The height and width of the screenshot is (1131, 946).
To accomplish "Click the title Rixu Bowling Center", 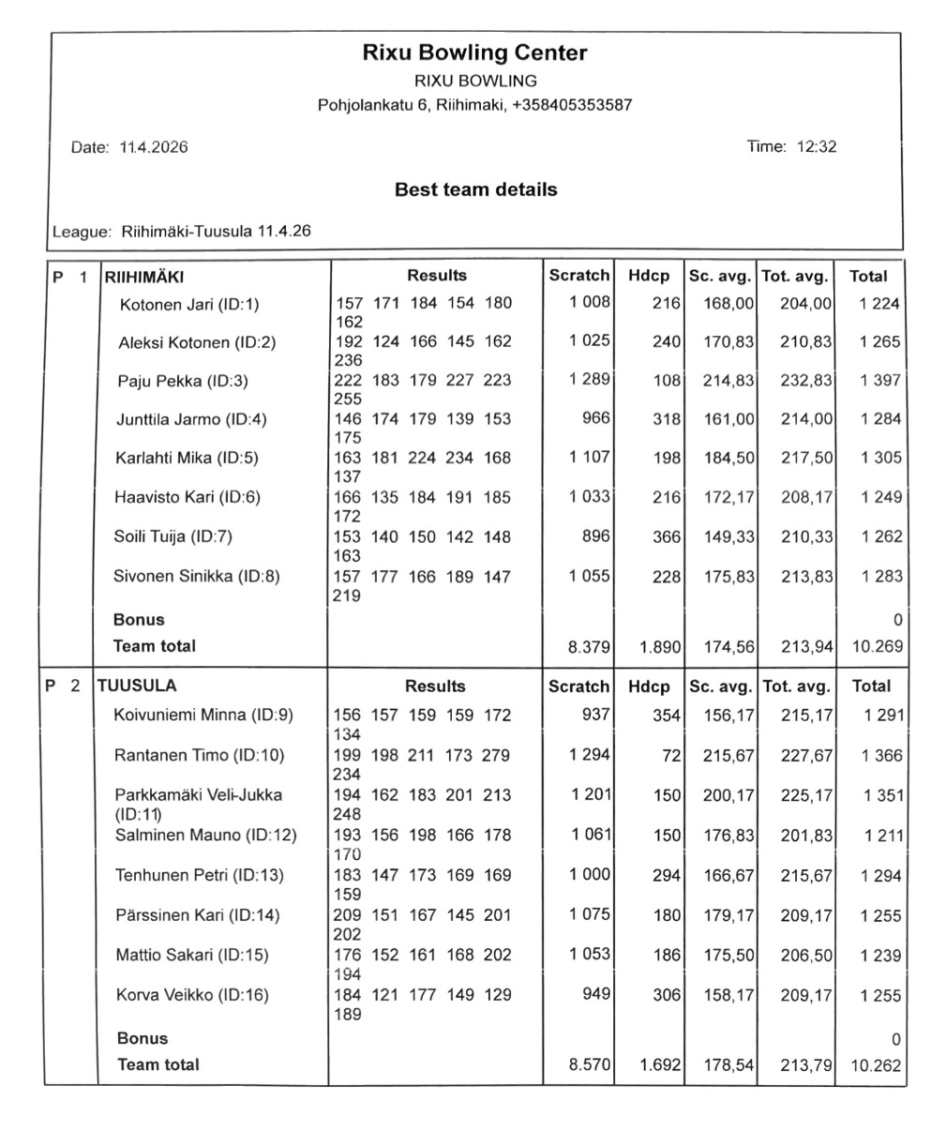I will pyautogui.click(x=474, y=53).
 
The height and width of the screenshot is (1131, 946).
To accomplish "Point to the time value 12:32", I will pyautogui.click(x=816, y=146).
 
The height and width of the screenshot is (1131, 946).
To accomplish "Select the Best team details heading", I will pyautogui.click(x=475, y=189).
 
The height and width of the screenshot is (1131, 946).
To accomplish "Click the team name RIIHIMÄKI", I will pyautogui.click(x=144, y=277).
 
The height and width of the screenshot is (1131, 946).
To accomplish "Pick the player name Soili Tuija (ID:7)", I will pyautogui.click(x=173, y=537).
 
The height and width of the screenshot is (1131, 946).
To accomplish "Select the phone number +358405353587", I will pyautogui.click(x=572, y=105).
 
